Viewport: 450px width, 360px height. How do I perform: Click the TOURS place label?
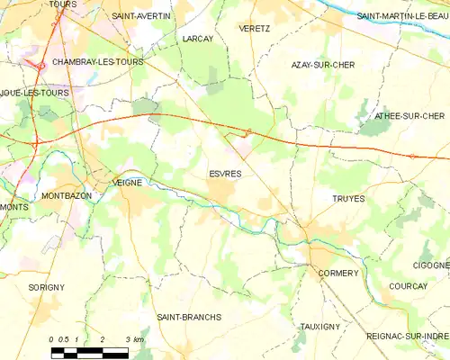(x=62, y=4)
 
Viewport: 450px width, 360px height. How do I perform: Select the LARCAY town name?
(x=197, y=40)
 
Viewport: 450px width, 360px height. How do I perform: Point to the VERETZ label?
(x=255, y=29)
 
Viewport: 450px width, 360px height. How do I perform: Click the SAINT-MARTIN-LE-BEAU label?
(x=402, y=16)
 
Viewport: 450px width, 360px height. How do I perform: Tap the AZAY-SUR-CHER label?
(x=322, y=66)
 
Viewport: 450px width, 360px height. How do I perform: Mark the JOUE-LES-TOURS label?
(x=35, y=93)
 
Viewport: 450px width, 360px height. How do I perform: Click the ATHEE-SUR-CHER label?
(x=408, y=115)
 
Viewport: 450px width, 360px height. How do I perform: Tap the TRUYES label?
(x=348, y=199)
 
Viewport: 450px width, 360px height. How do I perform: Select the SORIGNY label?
(x=46, y=287)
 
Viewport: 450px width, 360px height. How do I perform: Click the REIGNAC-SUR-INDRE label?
(x=408, y=336)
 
